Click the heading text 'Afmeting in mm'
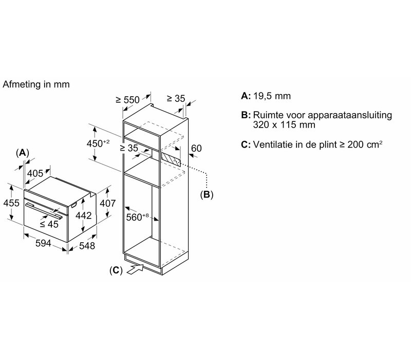[36, 84]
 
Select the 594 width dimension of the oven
[43, 243]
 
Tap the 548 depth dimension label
[87, 246]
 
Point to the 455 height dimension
[11, 203]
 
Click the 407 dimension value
[107, 203]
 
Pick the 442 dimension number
[84, 215]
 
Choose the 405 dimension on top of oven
[35, 173]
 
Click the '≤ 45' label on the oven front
[49, 224]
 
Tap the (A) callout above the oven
[22, 152]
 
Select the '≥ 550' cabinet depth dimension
[127, 100]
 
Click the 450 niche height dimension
[98, 143]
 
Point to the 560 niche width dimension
[137, 217]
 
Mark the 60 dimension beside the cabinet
[196, 148]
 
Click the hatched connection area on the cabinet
[171, 159]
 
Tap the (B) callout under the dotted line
[207, 195]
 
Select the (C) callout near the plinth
[116, 271]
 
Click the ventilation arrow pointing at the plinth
[135, 269]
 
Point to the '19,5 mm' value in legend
[272, 96]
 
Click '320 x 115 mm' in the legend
[284, 124]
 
